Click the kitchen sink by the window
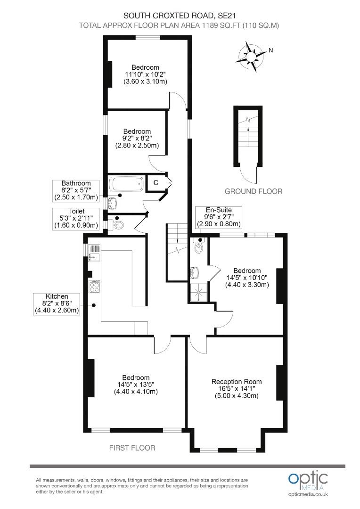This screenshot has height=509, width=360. [94, 252]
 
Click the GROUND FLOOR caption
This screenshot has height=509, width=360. [253, 191]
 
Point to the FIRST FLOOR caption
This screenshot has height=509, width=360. [132, 448]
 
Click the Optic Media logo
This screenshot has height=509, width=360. [308, 480]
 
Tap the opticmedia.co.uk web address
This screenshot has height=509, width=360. [308, 494]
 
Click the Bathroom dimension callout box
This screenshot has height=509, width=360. [76, 190]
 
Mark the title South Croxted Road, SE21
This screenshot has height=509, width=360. [180, 16]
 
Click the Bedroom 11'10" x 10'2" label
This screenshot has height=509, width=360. [145, 74]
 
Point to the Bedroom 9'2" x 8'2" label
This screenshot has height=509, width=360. [137, 139]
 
